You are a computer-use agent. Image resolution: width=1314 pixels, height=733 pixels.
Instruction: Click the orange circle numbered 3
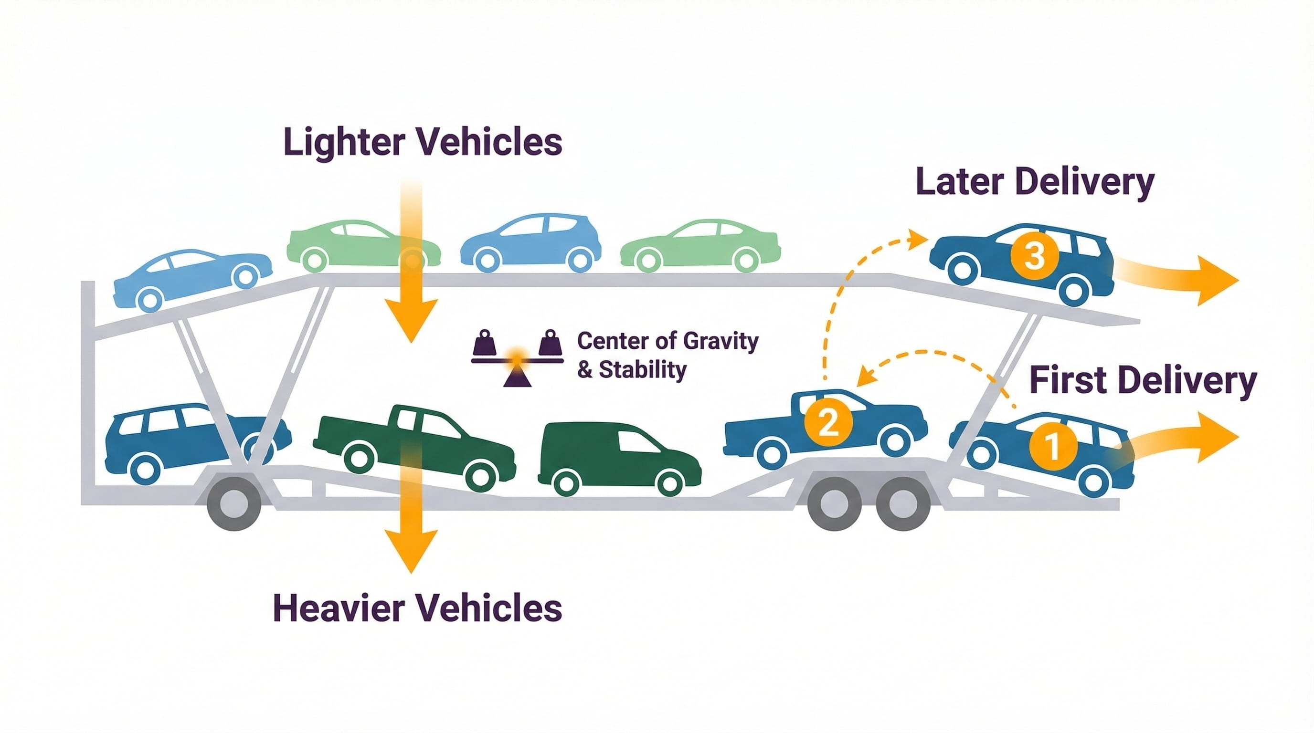pyautogui.click(x=1034, y=255)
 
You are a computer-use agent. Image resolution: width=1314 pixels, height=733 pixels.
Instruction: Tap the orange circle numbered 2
pyautogui.click(x=828, y=422)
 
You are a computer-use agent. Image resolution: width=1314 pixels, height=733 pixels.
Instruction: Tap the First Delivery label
pyautogui.click(x=1143, y=380)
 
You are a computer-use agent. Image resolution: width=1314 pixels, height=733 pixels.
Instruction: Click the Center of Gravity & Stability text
pyautogui.click(x=667, y=355)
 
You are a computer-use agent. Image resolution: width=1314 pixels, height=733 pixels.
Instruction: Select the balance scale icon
pyautogui.click(x=517, y=358)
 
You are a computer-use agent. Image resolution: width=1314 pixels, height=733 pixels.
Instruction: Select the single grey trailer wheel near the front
pyautogui.click(x=233, y=504)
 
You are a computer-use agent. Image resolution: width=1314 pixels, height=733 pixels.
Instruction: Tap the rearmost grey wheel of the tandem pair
pyautogui.click(x=903, y=504)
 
